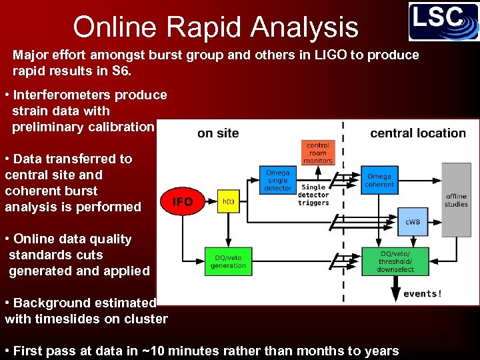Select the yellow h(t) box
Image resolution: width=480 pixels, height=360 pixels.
point(228,201)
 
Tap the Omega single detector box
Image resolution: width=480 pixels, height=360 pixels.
point(278,180)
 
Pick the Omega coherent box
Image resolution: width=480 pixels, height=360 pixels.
point(379,180)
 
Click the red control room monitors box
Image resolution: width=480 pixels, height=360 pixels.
point(318,153)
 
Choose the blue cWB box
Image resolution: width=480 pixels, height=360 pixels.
point(413,221)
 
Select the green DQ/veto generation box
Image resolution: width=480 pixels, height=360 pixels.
point(228,261)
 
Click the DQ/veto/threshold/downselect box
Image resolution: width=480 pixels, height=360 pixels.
point(395,261)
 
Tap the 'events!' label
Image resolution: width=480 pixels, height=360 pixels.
point(422,293)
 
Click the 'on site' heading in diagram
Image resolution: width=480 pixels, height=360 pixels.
point(218,133)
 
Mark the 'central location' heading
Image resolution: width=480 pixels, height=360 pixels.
point(418,133)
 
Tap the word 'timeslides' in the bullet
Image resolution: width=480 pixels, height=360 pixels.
point(65,319)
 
